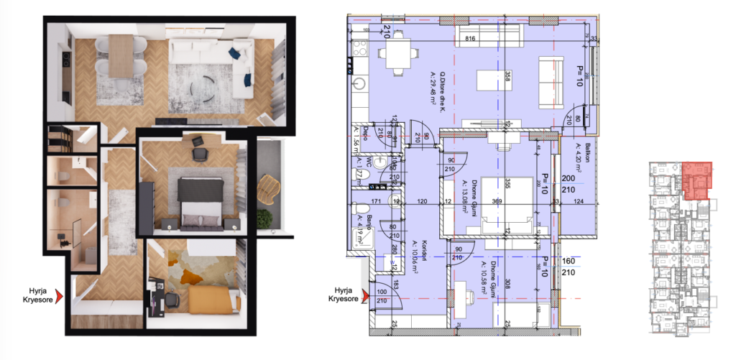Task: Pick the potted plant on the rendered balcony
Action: (x=266, y=217)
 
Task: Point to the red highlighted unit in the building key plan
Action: (x=697, y=180)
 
